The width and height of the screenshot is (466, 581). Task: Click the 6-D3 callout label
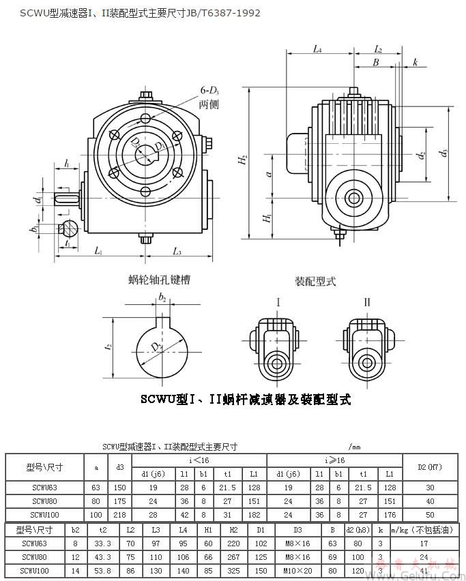[x=209, y=90]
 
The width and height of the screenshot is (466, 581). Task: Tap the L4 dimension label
[x=317, y=49]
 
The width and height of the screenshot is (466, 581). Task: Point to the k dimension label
[x=415, y=63]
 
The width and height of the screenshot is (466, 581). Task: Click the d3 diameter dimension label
[x=445, y=153]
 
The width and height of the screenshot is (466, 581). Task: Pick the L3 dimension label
[x=177, y=252]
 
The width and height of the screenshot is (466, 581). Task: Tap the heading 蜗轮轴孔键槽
[x=159, y=280]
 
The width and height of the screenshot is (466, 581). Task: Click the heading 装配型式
[x=315, y=281]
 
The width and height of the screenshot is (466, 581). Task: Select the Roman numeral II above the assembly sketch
[x=367, y=302]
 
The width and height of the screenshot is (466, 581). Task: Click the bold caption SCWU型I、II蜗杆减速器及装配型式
[x=246, y=400]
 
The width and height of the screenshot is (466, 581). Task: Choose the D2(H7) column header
[x=430, y=467]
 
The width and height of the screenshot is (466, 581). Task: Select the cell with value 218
[x=120, y=513]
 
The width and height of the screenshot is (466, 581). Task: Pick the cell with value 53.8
[x=103, y=570]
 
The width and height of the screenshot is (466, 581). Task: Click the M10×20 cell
[x=297, y=570]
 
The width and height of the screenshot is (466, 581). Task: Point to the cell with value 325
[x=233, y=570]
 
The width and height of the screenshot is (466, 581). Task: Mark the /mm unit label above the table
[x=354, y=447]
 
